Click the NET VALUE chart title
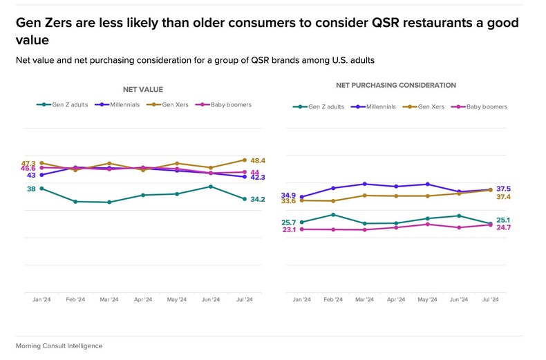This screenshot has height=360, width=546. point(143,89)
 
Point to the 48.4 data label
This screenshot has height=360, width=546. point(258,160)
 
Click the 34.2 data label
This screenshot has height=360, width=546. point(258,199)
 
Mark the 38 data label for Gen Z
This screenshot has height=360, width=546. point(31,189)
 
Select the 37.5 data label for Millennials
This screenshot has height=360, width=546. point(503,189)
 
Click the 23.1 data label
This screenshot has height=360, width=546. point(290,230)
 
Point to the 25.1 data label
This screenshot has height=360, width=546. point(503,220)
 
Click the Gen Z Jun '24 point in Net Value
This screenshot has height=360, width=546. point(211,187)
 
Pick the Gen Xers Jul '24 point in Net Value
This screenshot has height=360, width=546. point(244,160)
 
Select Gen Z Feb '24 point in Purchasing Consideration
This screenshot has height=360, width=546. point(334,214)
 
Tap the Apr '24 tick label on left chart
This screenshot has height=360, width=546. point(143,299)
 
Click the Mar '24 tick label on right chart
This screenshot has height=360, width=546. point(364,299)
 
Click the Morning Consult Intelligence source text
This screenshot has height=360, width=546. point(59,345)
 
